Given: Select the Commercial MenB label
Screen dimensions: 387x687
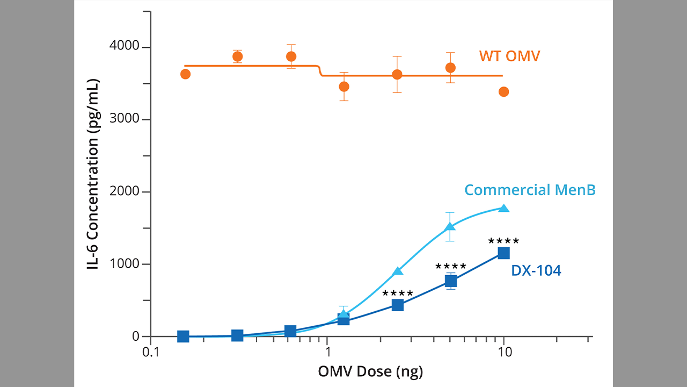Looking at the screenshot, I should [530, 190].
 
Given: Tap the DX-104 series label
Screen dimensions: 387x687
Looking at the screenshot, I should [536, 271].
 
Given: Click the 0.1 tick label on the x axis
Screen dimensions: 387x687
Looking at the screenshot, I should [151, 353].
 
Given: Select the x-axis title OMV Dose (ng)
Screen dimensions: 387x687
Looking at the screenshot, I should [370, 371].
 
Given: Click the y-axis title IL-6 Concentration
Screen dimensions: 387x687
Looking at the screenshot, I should [93, 174].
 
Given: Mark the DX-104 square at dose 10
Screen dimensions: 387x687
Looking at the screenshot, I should [503, 253].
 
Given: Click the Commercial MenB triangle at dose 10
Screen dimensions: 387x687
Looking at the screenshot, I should [503, 208].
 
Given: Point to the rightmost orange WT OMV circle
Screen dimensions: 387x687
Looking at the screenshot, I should [503, 92].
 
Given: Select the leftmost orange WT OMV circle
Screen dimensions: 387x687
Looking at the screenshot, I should [185, 74].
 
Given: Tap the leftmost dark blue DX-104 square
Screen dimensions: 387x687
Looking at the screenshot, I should [183, 336].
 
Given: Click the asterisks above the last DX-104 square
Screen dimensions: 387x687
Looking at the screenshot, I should [503, 241].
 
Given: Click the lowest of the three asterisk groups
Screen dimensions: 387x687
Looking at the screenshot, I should [398, 293].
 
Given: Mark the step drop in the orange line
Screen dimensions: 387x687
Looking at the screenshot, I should [320, 71].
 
